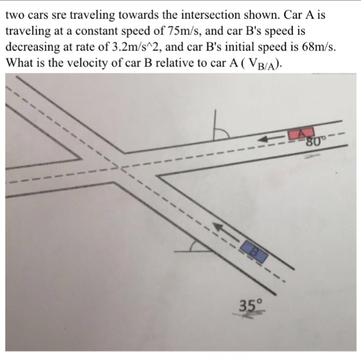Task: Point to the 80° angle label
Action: (x=315, y=140)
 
